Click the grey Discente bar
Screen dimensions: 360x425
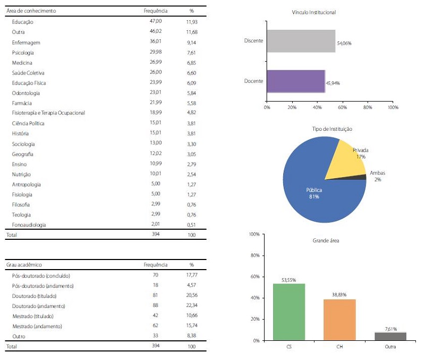pos(301,41)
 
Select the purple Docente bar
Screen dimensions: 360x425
pos(295,81)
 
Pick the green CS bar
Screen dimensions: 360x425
pos(289,312)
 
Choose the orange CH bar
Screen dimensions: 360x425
pos(340,319)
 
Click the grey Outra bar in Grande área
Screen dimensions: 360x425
pos(391,336)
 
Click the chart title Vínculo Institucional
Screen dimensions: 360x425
pos(314,12)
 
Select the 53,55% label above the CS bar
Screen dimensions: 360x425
pos(289,280)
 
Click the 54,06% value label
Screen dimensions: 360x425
pos(344,43)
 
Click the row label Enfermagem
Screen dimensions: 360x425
pos(27,43)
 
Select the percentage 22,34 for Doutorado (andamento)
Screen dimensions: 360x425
pos(192,306)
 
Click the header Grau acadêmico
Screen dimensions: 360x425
pos(24,264)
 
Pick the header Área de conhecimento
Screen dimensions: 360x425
pos(31,11)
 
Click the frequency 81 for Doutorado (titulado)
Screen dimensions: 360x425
pos(155,296)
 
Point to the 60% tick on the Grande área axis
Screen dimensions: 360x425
pos(254,277)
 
